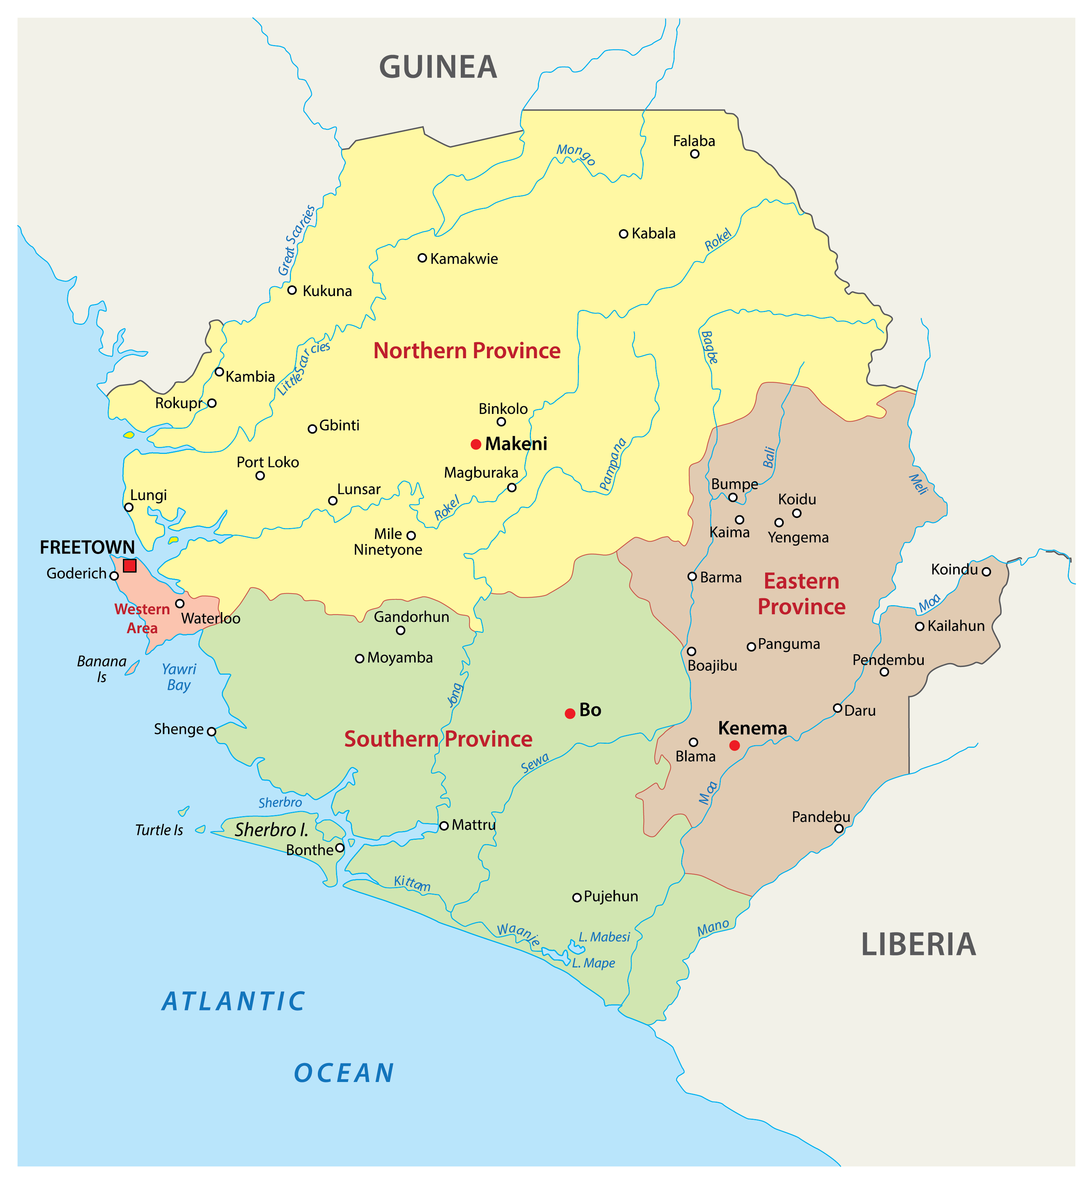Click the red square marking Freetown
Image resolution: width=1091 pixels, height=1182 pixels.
pyautogui.click(x=130, y=566)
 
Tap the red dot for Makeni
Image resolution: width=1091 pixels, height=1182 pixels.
pyautogui.click(x=476, y=444)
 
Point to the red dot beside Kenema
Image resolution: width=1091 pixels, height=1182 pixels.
pyautogui.click(x=734, y=745)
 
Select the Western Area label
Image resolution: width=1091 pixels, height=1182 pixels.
pyautogui.click(x=142, y=618)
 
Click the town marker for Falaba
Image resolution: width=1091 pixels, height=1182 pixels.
pyautogui.click(x=695, y=154)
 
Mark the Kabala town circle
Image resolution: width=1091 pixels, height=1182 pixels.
pyautogui.click(x=623, y=234)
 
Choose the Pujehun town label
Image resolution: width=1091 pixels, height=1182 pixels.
pyautogui.click(x=611, y=896)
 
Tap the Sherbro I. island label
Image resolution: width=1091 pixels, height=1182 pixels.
pyautogui.click(x=272, y=830)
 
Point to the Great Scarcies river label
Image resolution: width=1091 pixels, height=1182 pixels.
pyautogui.click(x=297, y=240)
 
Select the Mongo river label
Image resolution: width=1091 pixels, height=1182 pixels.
pyautogui.click(x=576, y=154)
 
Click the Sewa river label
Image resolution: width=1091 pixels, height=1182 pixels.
pyautogui.click(x=535, y=763)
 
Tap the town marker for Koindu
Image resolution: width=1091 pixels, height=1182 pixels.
pyautogui.click(x=986, y=571)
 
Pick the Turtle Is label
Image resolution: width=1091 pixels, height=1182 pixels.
pyautogui.click(x=159, y=830)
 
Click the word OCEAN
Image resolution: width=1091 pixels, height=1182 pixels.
pyautogui.click(x=344, y=1073)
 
